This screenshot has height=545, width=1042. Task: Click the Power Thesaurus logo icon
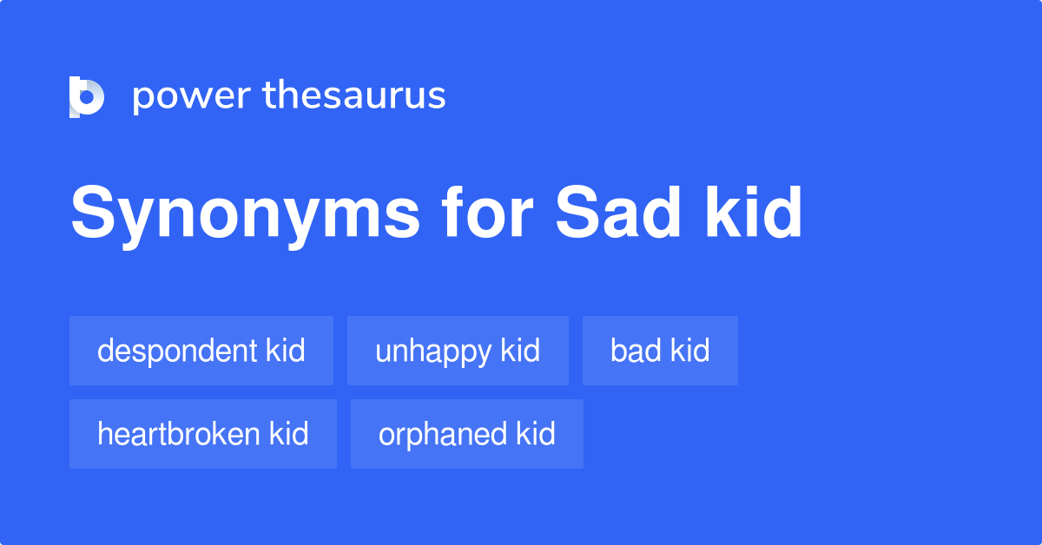coord(87,96)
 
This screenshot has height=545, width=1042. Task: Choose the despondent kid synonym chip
coord(201,351)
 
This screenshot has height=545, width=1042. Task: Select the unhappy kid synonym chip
coord(458,351)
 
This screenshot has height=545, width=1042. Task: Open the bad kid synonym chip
coord(660,351)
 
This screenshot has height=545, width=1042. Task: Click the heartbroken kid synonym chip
coord(203,434)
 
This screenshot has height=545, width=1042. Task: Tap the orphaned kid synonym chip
coord(467,434)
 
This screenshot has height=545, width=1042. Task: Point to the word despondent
coord(177,351)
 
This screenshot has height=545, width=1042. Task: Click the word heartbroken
coord(179,434)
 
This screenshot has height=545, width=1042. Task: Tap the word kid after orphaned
coord(536,434)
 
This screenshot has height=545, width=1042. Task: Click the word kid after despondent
coord(286,351)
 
